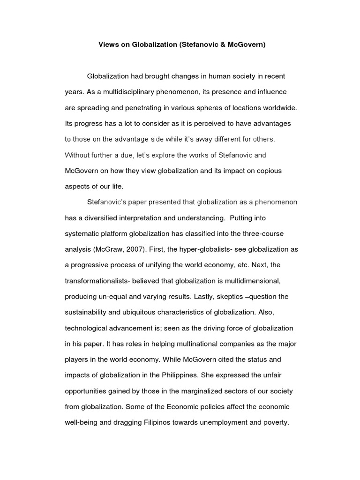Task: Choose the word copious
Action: (x=269, y=171)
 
